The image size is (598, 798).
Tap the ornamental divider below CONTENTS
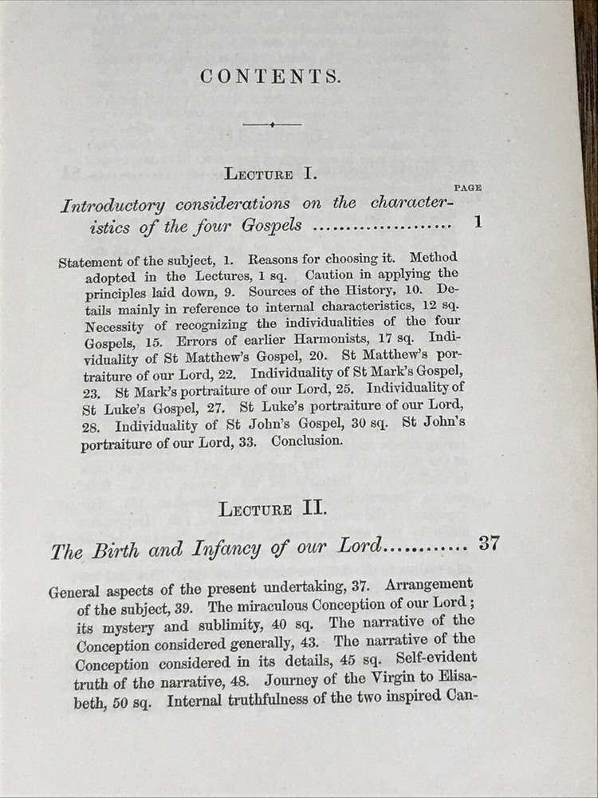272,124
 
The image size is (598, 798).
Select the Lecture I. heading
271,173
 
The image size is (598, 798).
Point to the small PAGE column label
467,188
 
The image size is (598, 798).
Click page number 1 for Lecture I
478,223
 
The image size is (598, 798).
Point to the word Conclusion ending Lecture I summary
306,440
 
